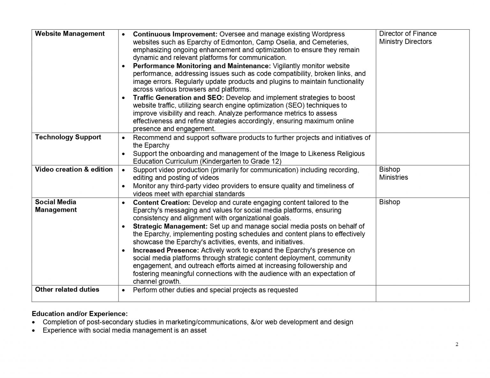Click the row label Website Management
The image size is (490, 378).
click(x=70, y=34)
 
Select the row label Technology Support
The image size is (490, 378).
click(x=68, y=137)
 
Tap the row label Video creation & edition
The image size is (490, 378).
click(x=74, y=169)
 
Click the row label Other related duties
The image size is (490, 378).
click(x=67, y=289)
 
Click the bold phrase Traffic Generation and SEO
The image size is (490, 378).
click(x=178, y=97)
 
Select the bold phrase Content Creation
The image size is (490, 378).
click(x=161, y=203)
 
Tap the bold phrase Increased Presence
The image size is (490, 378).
click(x=166, y=250)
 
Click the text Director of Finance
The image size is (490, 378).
click(x=408, y=34)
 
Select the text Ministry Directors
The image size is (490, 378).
click(x=405, y=42)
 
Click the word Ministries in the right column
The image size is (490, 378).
click(x=393, y=177)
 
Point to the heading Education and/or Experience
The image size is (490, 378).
click(x=80, y=314)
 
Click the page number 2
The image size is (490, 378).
click(x=457, y=344)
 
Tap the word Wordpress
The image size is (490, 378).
click(x=328, y=34)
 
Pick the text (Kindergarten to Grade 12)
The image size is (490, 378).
click(x=241, y=161)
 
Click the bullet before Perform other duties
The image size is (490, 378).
click(x=123, y=290)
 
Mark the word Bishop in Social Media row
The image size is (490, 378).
click(x=390, y=202)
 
